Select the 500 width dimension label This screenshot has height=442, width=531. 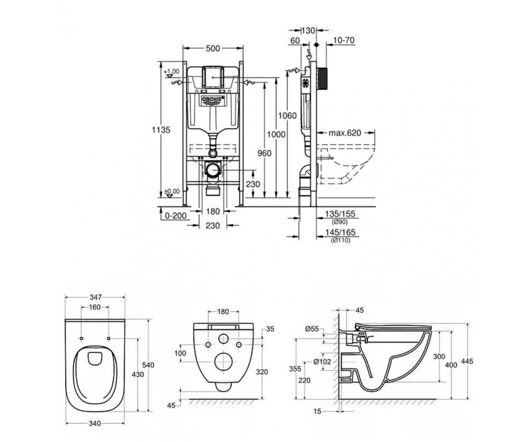point(212,49)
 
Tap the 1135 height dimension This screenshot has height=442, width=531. point(161,130)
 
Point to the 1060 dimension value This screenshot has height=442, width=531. point(287,115)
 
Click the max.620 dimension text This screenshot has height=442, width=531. point(345,133)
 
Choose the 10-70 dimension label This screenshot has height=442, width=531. point(343,40)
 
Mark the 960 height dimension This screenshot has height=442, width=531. point(264,153)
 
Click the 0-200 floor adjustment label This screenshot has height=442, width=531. point(176,216)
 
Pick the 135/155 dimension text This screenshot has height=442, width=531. point(340,214)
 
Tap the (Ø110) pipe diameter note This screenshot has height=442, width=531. point(341,240)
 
